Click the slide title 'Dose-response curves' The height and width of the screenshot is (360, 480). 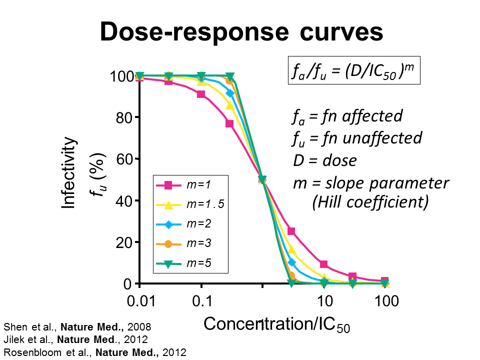click(x=241, y=32)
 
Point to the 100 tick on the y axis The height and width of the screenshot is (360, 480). click(x=120, y=76)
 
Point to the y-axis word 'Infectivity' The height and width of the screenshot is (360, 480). click(x=70, y=172)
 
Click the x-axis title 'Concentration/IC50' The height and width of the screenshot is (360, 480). click(x=276, y=324)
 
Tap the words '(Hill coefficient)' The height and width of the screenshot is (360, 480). click(x=370, y=202)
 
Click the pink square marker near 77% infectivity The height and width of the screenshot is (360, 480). click(x=230, y=123)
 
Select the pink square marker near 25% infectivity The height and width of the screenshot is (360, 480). click(x=291, y=231)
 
